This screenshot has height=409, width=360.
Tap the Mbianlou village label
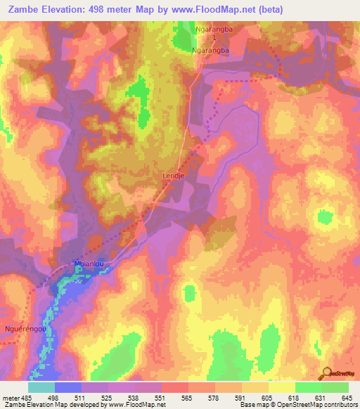pyautogui.click(x=89, y=264)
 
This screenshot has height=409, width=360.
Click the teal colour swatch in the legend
pyautogui.click(x=41, y=387)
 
